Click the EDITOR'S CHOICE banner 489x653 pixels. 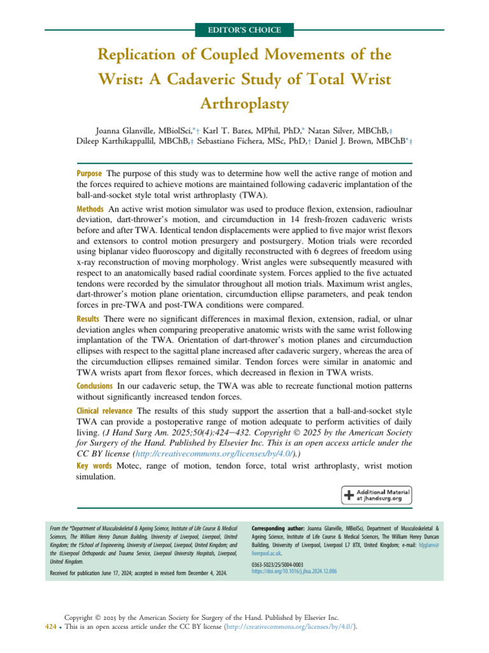click(x=244, y=30)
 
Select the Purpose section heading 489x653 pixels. click(x=90, y=173)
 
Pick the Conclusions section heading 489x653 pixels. click(x=96, y=386)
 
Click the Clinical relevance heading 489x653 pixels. click(x=105, y=411)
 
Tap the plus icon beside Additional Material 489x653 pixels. click(x=349, y=495)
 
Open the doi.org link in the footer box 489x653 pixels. click(x=294, y=572)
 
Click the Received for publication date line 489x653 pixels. click(x=138, y=574)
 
